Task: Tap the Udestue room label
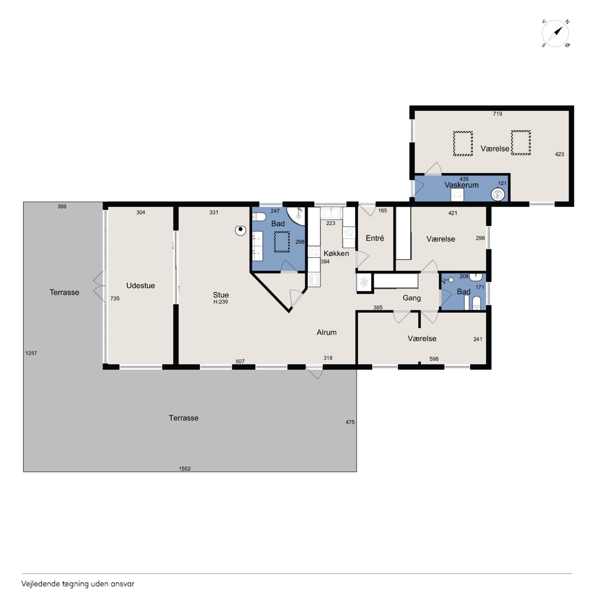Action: coord(141,285)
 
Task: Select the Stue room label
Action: coord(221,295)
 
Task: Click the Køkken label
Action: coord(336,253)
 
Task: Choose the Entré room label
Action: coord(375,238)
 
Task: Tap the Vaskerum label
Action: coord(461,185)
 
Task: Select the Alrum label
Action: coord(327,332)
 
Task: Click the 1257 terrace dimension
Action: coord(31,353)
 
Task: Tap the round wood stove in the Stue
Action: coord(240,230)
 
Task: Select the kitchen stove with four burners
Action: coord(314,251)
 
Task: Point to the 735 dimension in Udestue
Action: coord(115,298)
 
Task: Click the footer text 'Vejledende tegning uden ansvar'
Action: coord(78,584)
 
